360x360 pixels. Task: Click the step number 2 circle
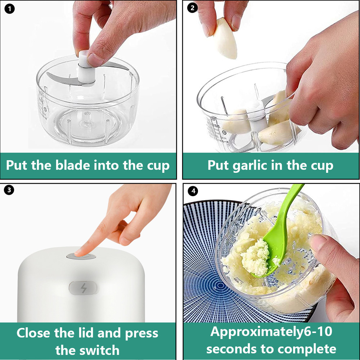click(192, 8)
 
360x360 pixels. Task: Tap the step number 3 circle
click(9, 190)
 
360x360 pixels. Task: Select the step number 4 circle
click(193, 191)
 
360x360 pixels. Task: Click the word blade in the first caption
click(73, 166)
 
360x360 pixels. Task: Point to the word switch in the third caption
click(99, 350)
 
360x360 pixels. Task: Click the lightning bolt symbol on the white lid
click(83, 288)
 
